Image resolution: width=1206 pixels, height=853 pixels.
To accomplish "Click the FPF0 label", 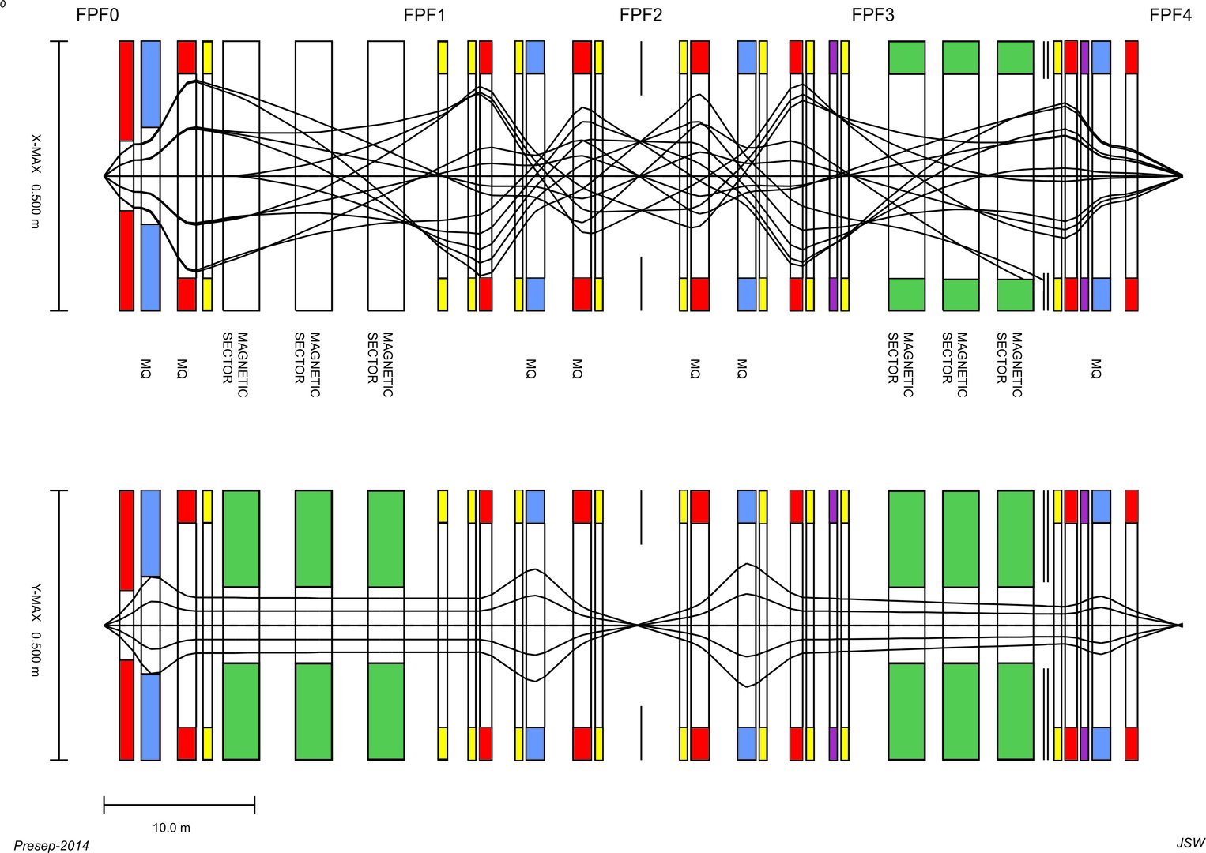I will (x=97, y=15).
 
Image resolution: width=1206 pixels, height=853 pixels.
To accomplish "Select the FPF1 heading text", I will (x=424, y=15).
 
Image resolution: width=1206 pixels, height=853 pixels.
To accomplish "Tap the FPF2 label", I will (x=641, y=15).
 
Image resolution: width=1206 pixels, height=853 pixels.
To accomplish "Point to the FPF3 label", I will (x=872, y=15).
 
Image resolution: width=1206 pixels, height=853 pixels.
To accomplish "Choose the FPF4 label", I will (x=1170, y=15).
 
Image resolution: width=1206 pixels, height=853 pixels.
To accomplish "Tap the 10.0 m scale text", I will (x=171, y=828).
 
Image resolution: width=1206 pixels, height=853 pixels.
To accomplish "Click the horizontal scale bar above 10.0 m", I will (x=179, y=806).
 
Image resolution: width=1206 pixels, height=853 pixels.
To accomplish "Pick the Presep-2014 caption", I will (x=51, y=846).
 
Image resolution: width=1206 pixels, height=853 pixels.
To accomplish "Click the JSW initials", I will (x=1190, y=843).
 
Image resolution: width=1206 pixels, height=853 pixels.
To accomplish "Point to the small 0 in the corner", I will (x=3, y=4).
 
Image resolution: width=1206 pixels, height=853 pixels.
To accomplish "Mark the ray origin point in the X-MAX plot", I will (x=105, y=176).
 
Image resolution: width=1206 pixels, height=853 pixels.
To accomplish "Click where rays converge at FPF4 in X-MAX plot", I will (x=1182, y=176).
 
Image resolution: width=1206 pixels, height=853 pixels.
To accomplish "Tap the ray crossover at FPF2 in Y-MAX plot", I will (x=638, y=626).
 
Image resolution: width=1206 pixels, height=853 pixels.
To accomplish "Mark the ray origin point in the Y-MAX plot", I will (x=105, y=626).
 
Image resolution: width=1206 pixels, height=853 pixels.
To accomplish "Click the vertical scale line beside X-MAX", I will (x=59, y=176).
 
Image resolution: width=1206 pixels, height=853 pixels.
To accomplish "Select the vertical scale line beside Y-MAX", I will (x=59, y=626).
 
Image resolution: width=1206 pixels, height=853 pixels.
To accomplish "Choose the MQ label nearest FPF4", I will (x=1095, y=368).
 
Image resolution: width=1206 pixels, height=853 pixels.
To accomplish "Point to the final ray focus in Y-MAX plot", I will (x=1180, y=626).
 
